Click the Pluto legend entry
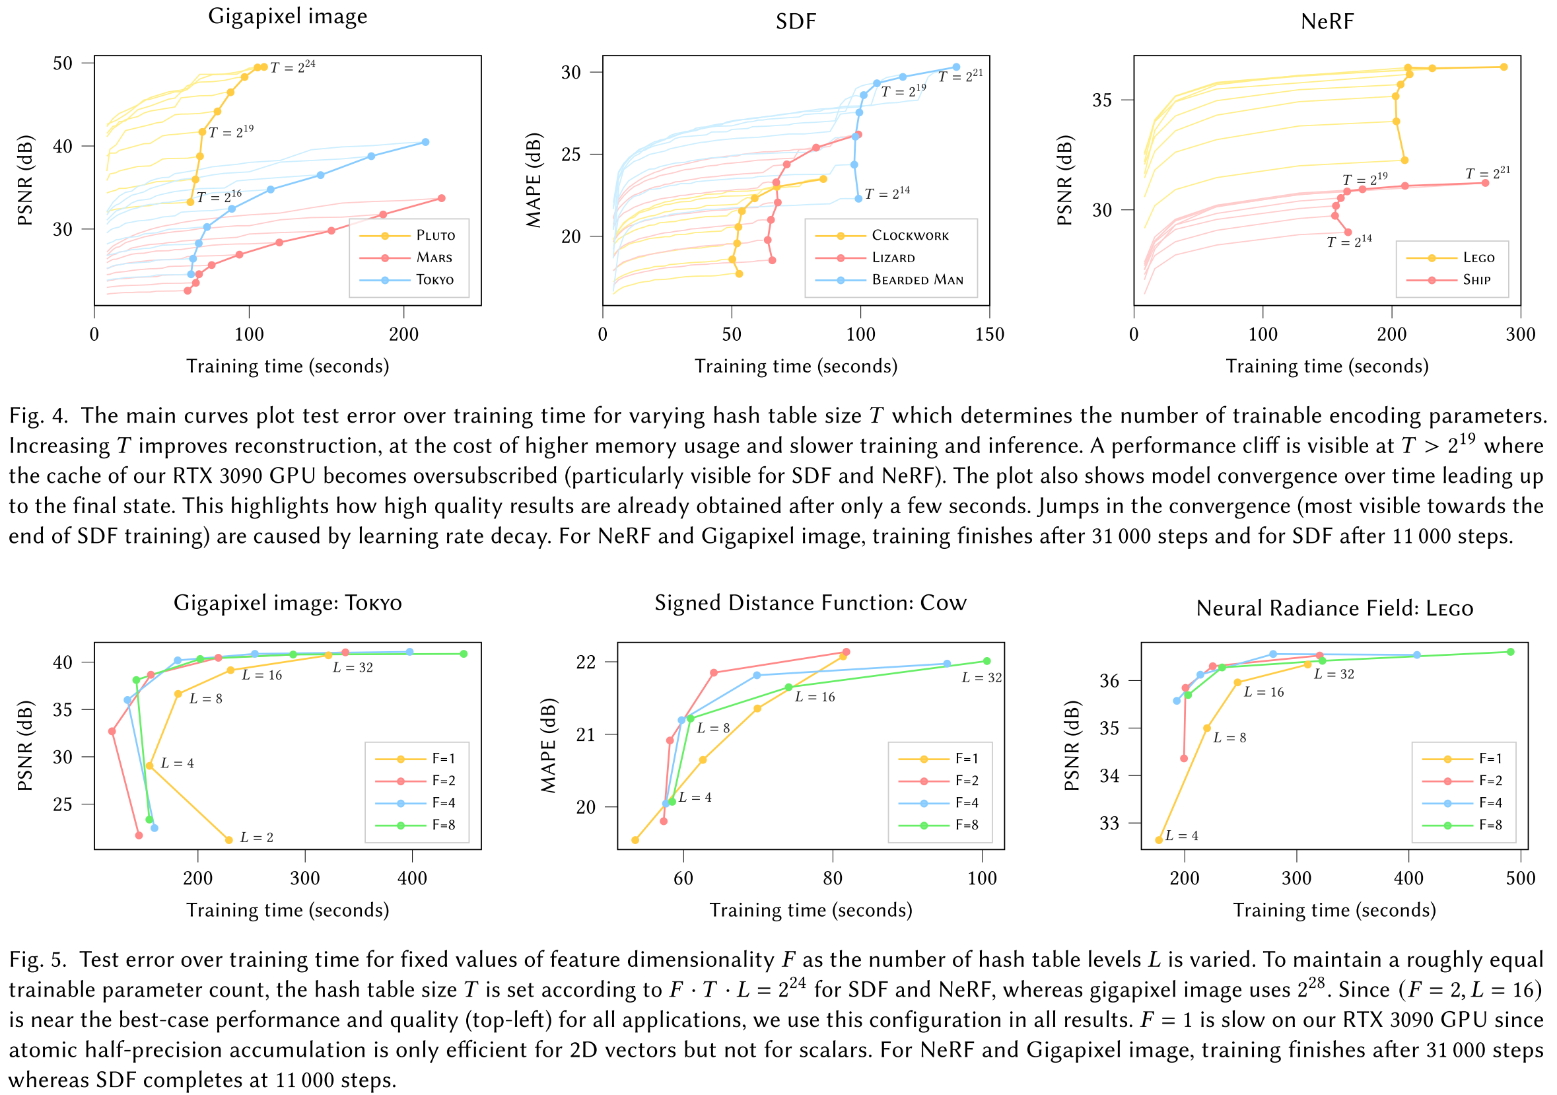[x=434, y=235]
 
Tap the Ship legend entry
[x=1476, y=279]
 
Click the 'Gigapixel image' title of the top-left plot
[x=287, y=16]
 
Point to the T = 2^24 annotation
[x=293, y=67]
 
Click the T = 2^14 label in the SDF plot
[x=886, y=194]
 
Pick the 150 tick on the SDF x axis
[x=989, y=334]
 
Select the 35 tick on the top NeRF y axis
[x=1102, y=100]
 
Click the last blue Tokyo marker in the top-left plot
[x=425, y=142]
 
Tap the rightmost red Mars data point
[x=442, y=198]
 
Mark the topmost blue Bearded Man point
[x=956, y=67]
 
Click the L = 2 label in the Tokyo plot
[x=256, y=837]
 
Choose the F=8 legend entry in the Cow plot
[x=966, y=825]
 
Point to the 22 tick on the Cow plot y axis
[x=585, y=662]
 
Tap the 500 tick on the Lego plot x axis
[x=1520, y=878]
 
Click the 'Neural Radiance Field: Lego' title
[x=1334, y=608]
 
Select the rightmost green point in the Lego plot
[x=1510, y=652]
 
